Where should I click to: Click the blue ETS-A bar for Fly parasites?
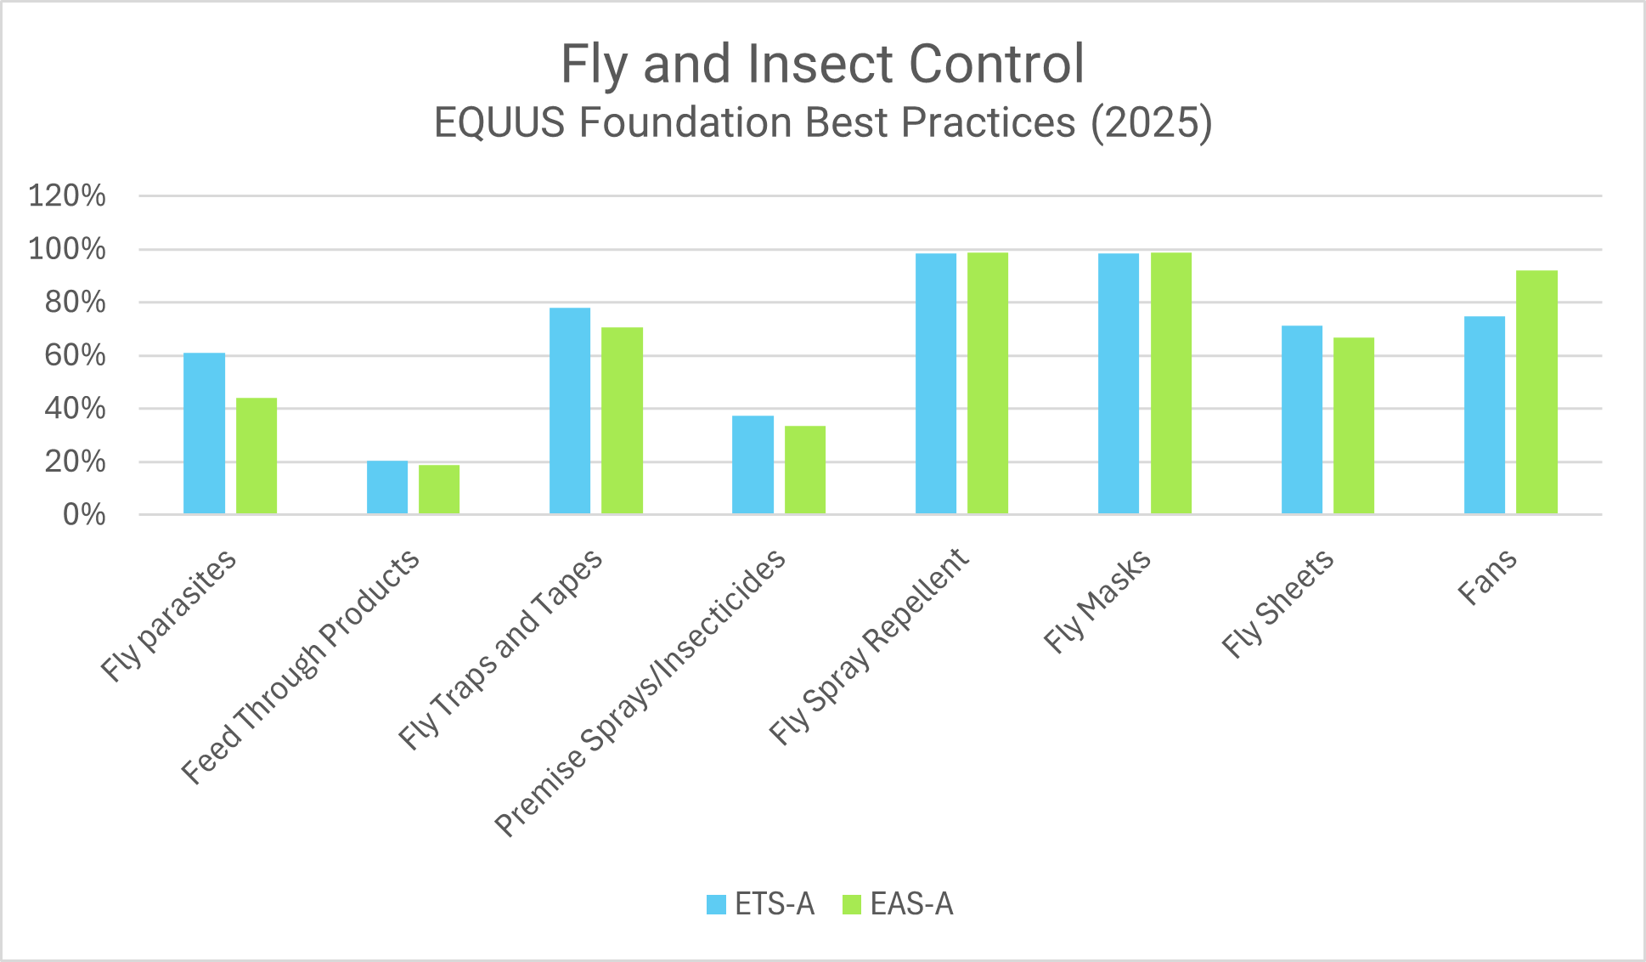click(204, 433)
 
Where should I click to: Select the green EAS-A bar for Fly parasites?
click(256, 456)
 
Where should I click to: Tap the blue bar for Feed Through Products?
click(387, 487)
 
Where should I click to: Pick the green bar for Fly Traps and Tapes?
click(622, 421)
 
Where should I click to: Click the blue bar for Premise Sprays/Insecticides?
click(753, 465)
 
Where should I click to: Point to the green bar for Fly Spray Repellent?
click(988, 383)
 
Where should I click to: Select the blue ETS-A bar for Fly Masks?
click(1119, 383)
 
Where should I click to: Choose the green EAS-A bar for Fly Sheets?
click(1354, 426)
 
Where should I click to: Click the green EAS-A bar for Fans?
click(1536, 392)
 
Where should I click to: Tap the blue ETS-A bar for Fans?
click(1485, 415)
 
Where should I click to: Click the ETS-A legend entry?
click(760, 904)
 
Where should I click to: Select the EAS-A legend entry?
click(898, 904)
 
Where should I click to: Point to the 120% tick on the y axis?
click(67, 196)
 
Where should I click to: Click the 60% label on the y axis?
click(76, 355)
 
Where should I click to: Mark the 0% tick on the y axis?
click(84, 514)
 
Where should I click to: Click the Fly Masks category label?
click(1097, 602)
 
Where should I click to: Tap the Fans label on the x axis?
click(1487, 578)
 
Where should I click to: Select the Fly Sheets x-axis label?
click(1277, 604)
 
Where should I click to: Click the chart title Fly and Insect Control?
click(822, 64)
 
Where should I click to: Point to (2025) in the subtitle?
click(1152, 122)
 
